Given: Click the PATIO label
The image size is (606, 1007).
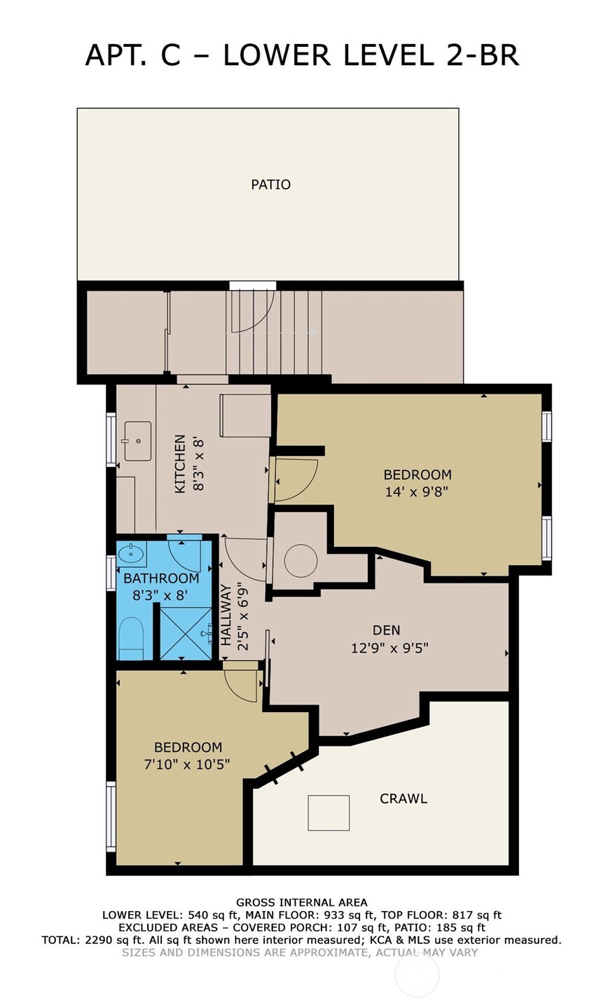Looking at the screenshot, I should click(270, 185).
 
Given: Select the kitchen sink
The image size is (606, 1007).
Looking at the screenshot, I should click(137, 440).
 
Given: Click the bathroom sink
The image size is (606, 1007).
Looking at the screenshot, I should click(131, 555).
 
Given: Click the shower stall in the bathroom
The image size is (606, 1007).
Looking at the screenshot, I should click(186, 633).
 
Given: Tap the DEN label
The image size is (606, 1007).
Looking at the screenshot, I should click(386, 630).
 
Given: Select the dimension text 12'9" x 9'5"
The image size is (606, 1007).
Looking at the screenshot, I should click(390, 648).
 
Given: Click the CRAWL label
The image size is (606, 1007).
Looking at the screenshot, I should click(403, 798).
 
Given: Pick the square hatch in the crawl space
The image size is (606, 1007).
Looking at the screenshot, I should click(329, 813).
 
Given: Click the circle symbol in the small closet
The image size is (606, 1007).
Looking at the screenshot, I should click(301, 560).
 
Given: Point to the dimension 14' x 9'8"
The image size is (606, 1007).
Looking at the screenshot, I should click(416, 492).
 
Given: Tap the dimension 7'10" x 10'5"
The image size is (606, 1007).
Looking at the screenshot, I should click(187, 764).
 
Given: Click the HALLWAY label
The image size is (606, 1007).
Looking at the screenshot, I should click(226, 615).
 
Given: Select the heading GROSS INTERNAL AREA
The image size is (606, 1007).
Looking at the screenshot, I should click(301, 903).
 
